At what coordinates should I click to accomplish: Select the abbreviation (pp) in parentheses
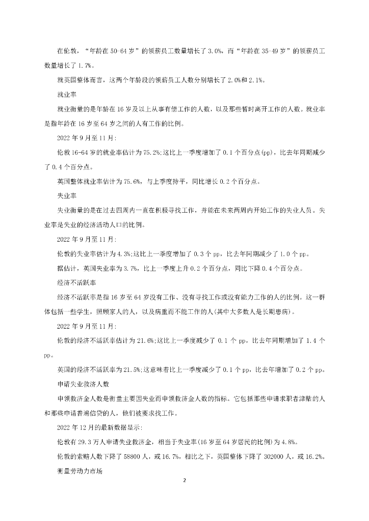tap(267, 152)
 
